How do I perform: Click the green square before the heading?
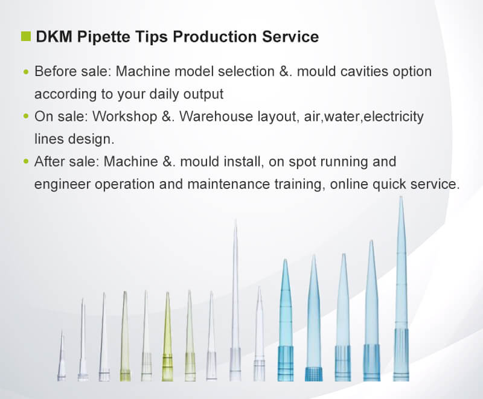point(26,36)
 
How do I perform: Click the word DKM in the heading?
point(54,36)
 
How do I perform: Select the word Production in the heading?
point(215,36)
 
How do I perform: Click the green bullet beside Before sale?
point(26,72)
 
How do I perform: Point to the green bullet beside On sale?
point(26,117)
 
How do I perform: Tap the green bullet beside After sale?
point(26,162)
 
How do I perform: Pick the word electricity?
point(394,117)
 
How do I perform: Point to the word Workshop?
point(125,117)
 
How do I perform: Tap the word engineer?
point(62,185)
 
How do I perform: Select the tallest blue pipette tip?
point(401,289)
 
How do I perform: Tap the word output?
point(203,94)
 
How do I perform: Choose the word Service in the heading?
point(290,36)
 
